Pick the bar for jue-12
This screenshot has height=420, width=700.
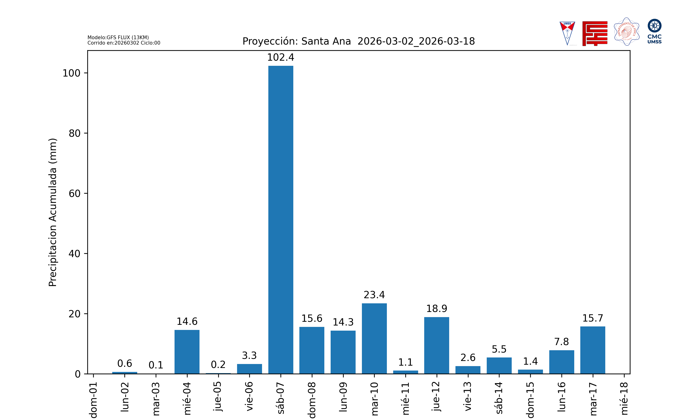pyautogui.click(x=437, y=345)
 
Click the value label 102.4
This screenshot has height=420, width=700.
pyautogui.click(x=281, y=57)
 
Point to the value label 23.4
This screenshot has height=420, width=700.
pyautogui.click(x=374, y=295)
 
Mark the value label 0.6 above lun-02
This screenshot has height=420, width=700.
pyautogui.click(x=125, y=363)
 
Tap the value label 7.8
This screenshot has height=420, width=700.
pyautogui.click(x=561, y=342)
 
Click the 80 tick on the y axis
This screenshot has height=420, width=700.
pyautogui.click(x=75, y=133)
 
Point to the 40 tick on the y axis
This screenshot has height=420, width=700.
pyautogui.click(x=75, y=254)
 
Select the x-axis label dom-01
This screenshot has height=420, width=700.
pyautogui.click(x=93, y=400)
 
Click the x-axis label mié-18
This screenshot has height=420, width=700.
pyautogui.click(x=624, y=399)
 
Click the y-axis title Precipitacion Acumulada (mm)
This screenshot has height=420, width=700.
pyautogui.click(x=53, y=212)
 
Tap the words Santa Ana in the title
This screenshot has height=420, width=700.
pyautogui.click(x=326, y=41)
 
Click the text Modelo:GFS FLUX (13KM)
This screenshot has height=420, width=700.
pyautogui.click(x=118, y=37)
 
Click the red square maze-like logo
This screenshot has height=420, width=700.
pyautogui.click(x=595, y=33)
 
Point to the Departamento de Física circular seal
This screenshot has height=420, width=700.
pyautogui.click(x=626, y=32)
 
